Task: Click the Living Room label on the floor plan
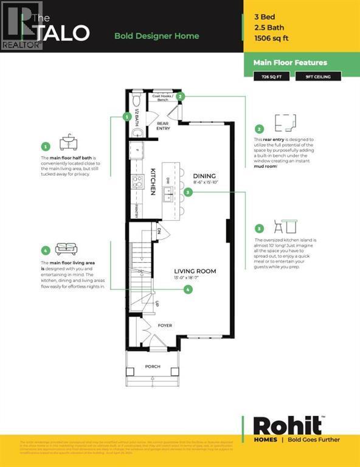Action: (195, 271)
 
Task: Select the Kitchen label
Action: (154, 182)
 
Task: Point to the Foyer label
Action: (165, 325)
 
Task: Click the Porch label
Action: (153, 367)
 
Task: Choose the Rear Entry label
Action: (162, 126)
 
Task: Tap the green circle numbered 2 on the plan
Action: (181, 96)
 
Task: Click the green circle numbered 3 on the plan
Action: (189, 192)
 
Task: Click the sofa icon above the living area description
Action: (66, 249)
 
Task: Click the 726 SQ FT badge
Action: (271, 77)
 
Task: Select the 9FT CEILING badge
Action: (319, 77)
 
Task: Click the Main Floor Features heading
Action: (290, 63)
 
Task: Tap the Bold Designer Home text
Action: (156, 36)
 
